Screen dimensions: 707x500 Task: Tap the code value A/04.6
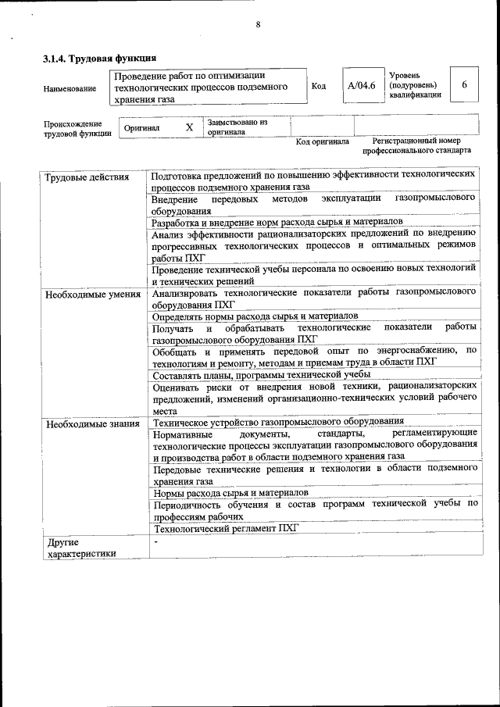[362, 85]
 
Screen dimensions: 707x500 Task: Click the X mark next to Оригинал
[188, 127]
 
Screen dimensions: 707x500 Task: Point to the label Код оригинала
[322, 142]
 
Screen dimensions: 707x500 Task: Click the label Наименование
[70, 89]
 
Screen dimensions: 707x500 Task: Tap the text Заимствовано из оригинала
[237, 127]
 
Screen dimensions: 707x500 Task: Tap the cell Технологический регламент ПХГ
[226, 528]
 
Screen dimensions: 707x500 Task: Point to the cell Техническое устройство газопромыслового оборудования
[278, 421]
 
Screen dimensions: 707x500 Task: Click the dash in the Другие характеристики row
[156, 541]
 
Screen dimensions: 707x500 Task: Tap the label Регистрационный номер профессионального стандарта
[422, 145]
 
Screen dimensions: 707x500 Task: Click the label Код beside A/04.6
[318, 86]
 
